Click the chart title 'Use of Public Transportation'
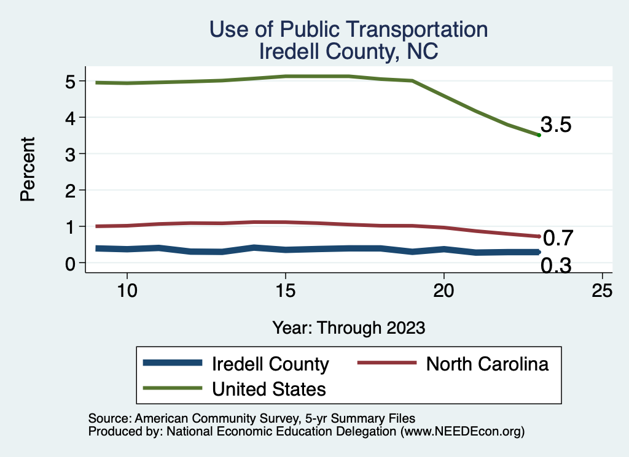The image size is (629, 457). [x=348, y=29]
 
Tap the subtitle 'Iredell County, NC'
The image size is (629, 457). [x=348, y=51]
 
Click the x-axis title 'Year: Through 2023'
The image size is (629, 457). [x=348, y=328]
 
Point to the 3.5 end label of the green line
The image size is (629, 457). [x=557, y=125]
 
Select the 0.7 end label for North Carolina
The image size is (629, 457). [x=558, y=237]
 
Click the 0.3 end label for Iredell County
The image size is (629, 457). [x=557, y=266]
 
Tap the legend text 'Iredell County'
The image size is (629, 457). [x=270, y=364]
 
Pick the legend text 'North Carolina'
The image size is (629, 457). [x=487, y=364]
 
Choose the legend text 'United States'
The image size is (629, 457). [x=268, y=388]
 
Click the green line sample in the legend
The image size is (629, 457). [x=173, y=388]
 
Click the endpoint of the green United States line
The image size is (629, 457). [x=539, y=135]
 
